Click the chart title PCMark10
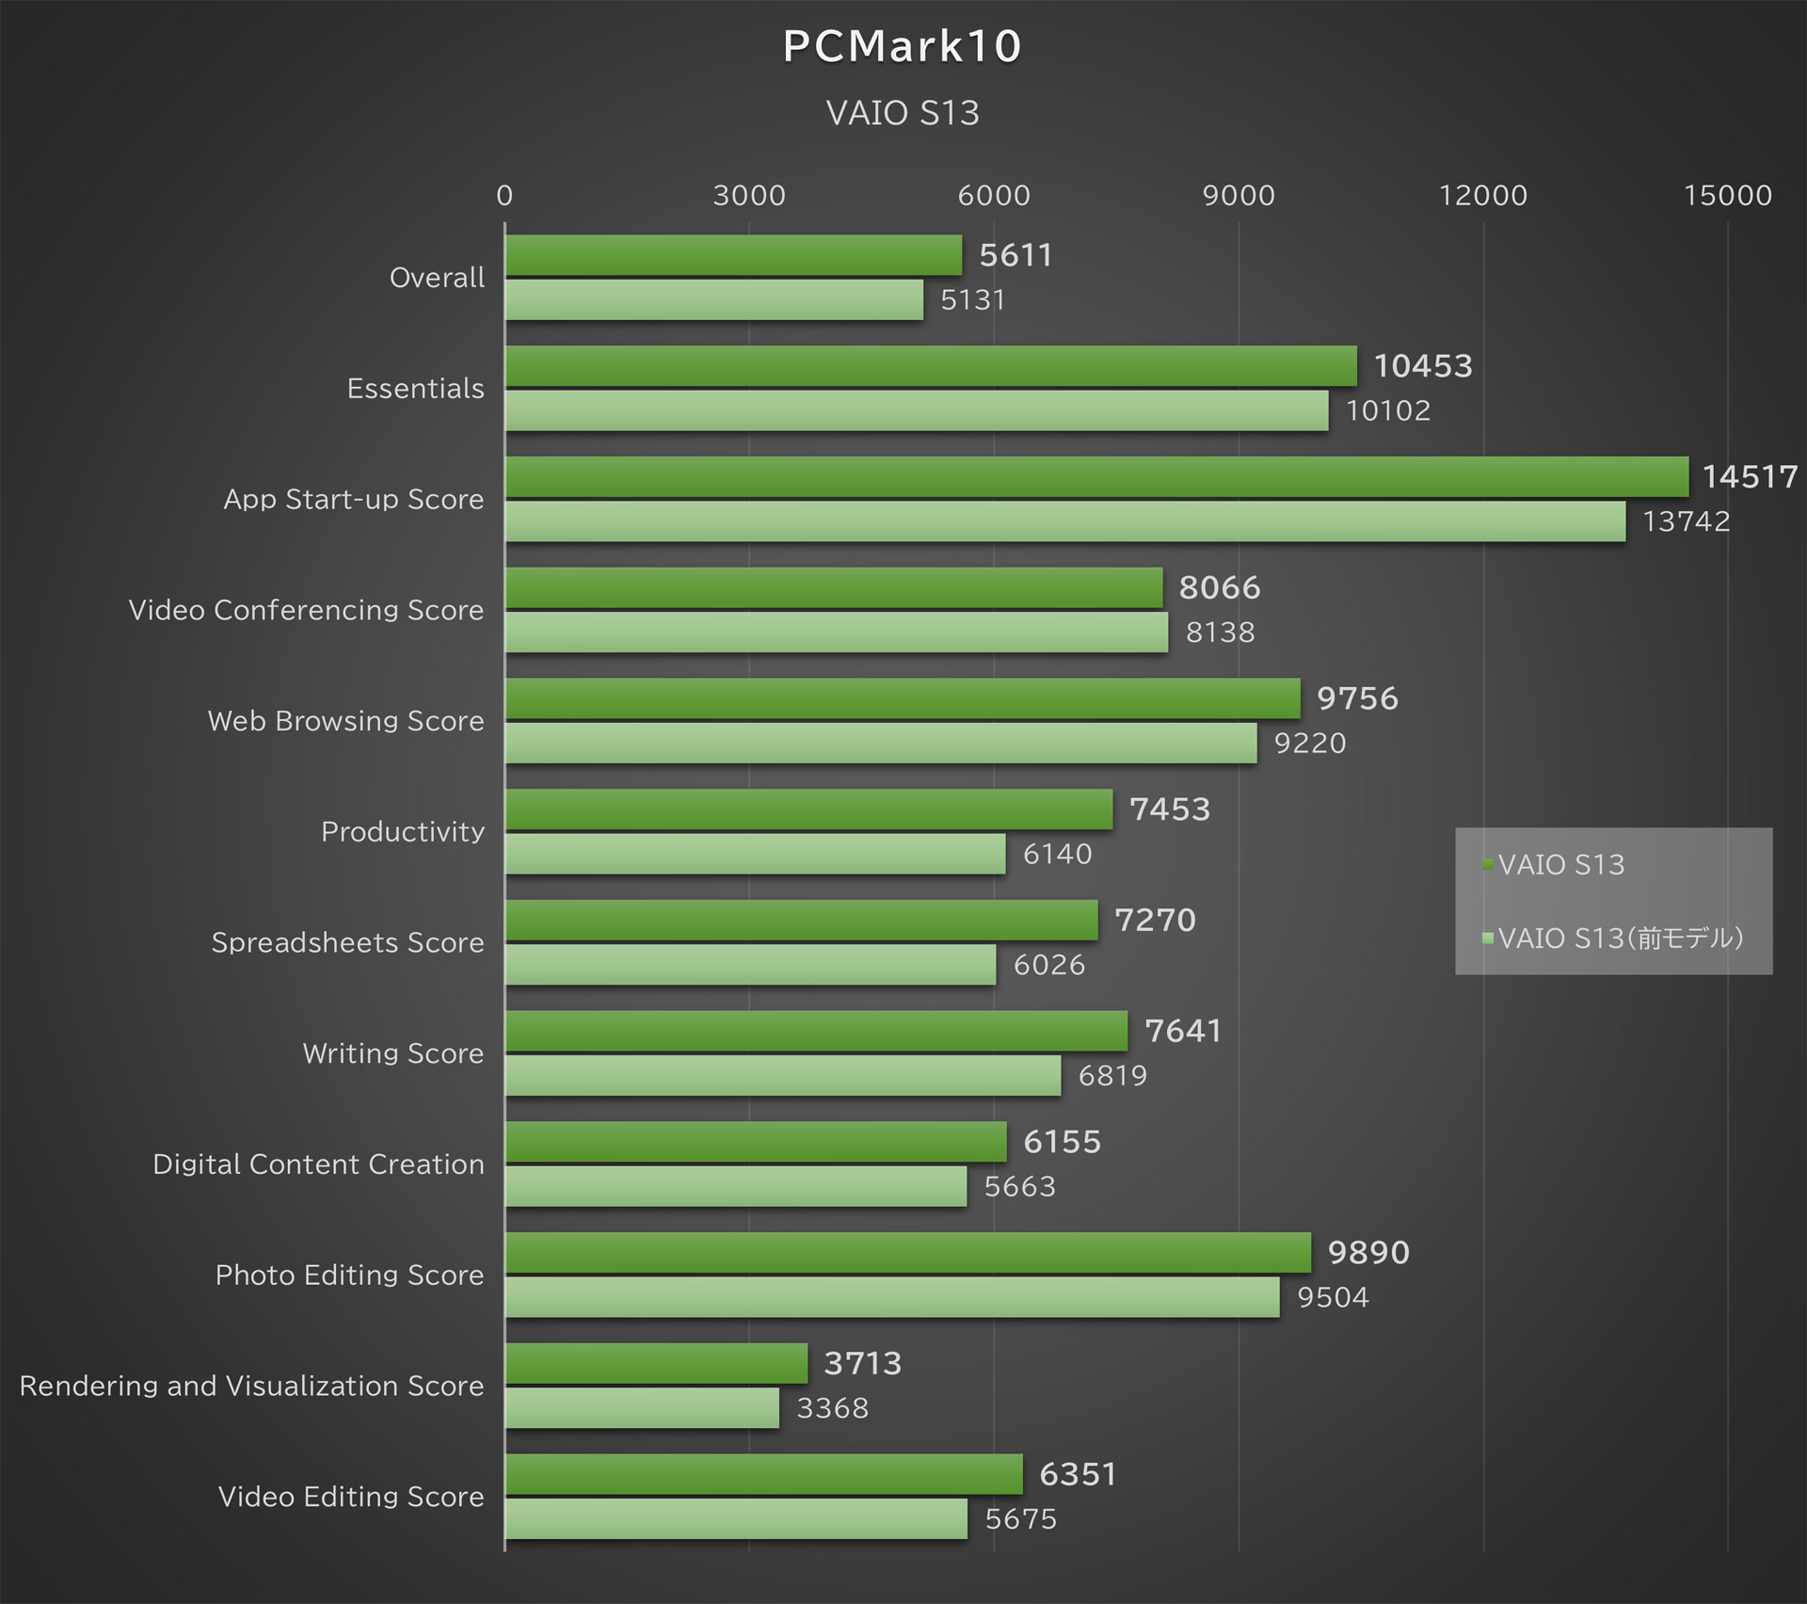[902, 46]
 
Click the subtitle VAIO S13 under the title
[902, 113]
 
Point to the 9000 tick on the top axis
[1238, 195]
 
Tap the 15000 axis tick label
[1727, 195]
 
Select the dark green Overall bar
[732, 255]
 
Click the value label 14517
[1749, 477]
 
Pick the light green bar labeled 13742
[1063, 521]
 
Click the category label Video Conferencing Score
[306, 610]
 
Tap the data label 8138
[1220, 633]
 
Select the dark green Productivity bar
[808, 810]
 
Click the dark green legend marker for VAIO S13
[1488, 864]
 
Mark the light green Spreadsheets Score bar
[749, 965]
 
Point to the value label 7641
[1182, 1032]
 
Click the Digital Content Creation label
[318, 1164]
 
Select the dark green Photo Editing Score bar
[907, 1253]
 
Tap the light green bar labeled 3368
[642, 1408]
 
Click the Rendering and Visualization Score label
[251, 1386]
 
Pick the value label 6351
[1077, 1475]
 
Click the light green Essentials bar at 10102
[915, 410]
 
